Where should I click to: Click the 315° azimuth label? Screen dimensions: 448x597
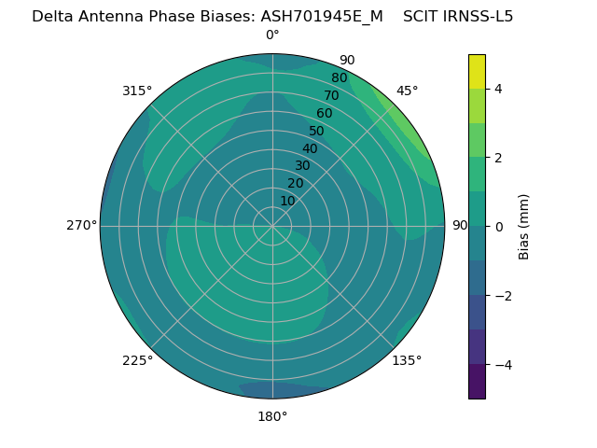click(x=137, y=91)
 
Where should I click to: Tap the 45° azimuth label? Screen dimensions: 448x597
click(x=408, y=91)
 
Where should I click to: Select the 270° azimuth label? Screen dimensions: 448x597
click(x=81, y=225)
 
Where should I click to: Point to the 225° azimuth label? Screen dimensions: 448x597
click(x=137, y=360)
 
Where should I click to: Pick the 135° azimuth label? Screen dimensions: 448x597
click(x=407, y=360)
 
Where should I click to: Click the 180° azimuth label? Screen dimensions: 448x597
click(x=272, y=416)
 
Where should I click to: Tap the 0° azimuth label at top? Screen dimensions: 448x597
click(x=272, y=35)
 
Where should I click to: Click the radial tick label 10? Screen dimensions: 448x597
click(x=287, y=201)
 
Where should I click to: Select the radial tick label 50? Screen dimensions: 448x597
click(x=316, y=131)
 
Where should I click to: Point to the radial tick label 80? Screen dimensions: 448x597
click(x=339, y=77)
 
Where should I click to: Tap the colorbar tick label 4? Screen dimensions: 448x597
click(x=499, y=89)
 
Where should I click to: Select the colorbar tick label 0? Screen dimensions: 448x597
click(x=499, y=226)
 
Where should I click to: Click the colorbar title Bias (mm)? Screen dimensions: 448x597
click(x=523, y=226)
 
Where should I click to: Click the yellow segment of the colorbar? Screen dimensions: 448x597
click(x=477, y=71)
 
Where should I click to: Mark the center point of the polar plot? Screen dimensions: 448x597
click(x=272, y=226)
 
